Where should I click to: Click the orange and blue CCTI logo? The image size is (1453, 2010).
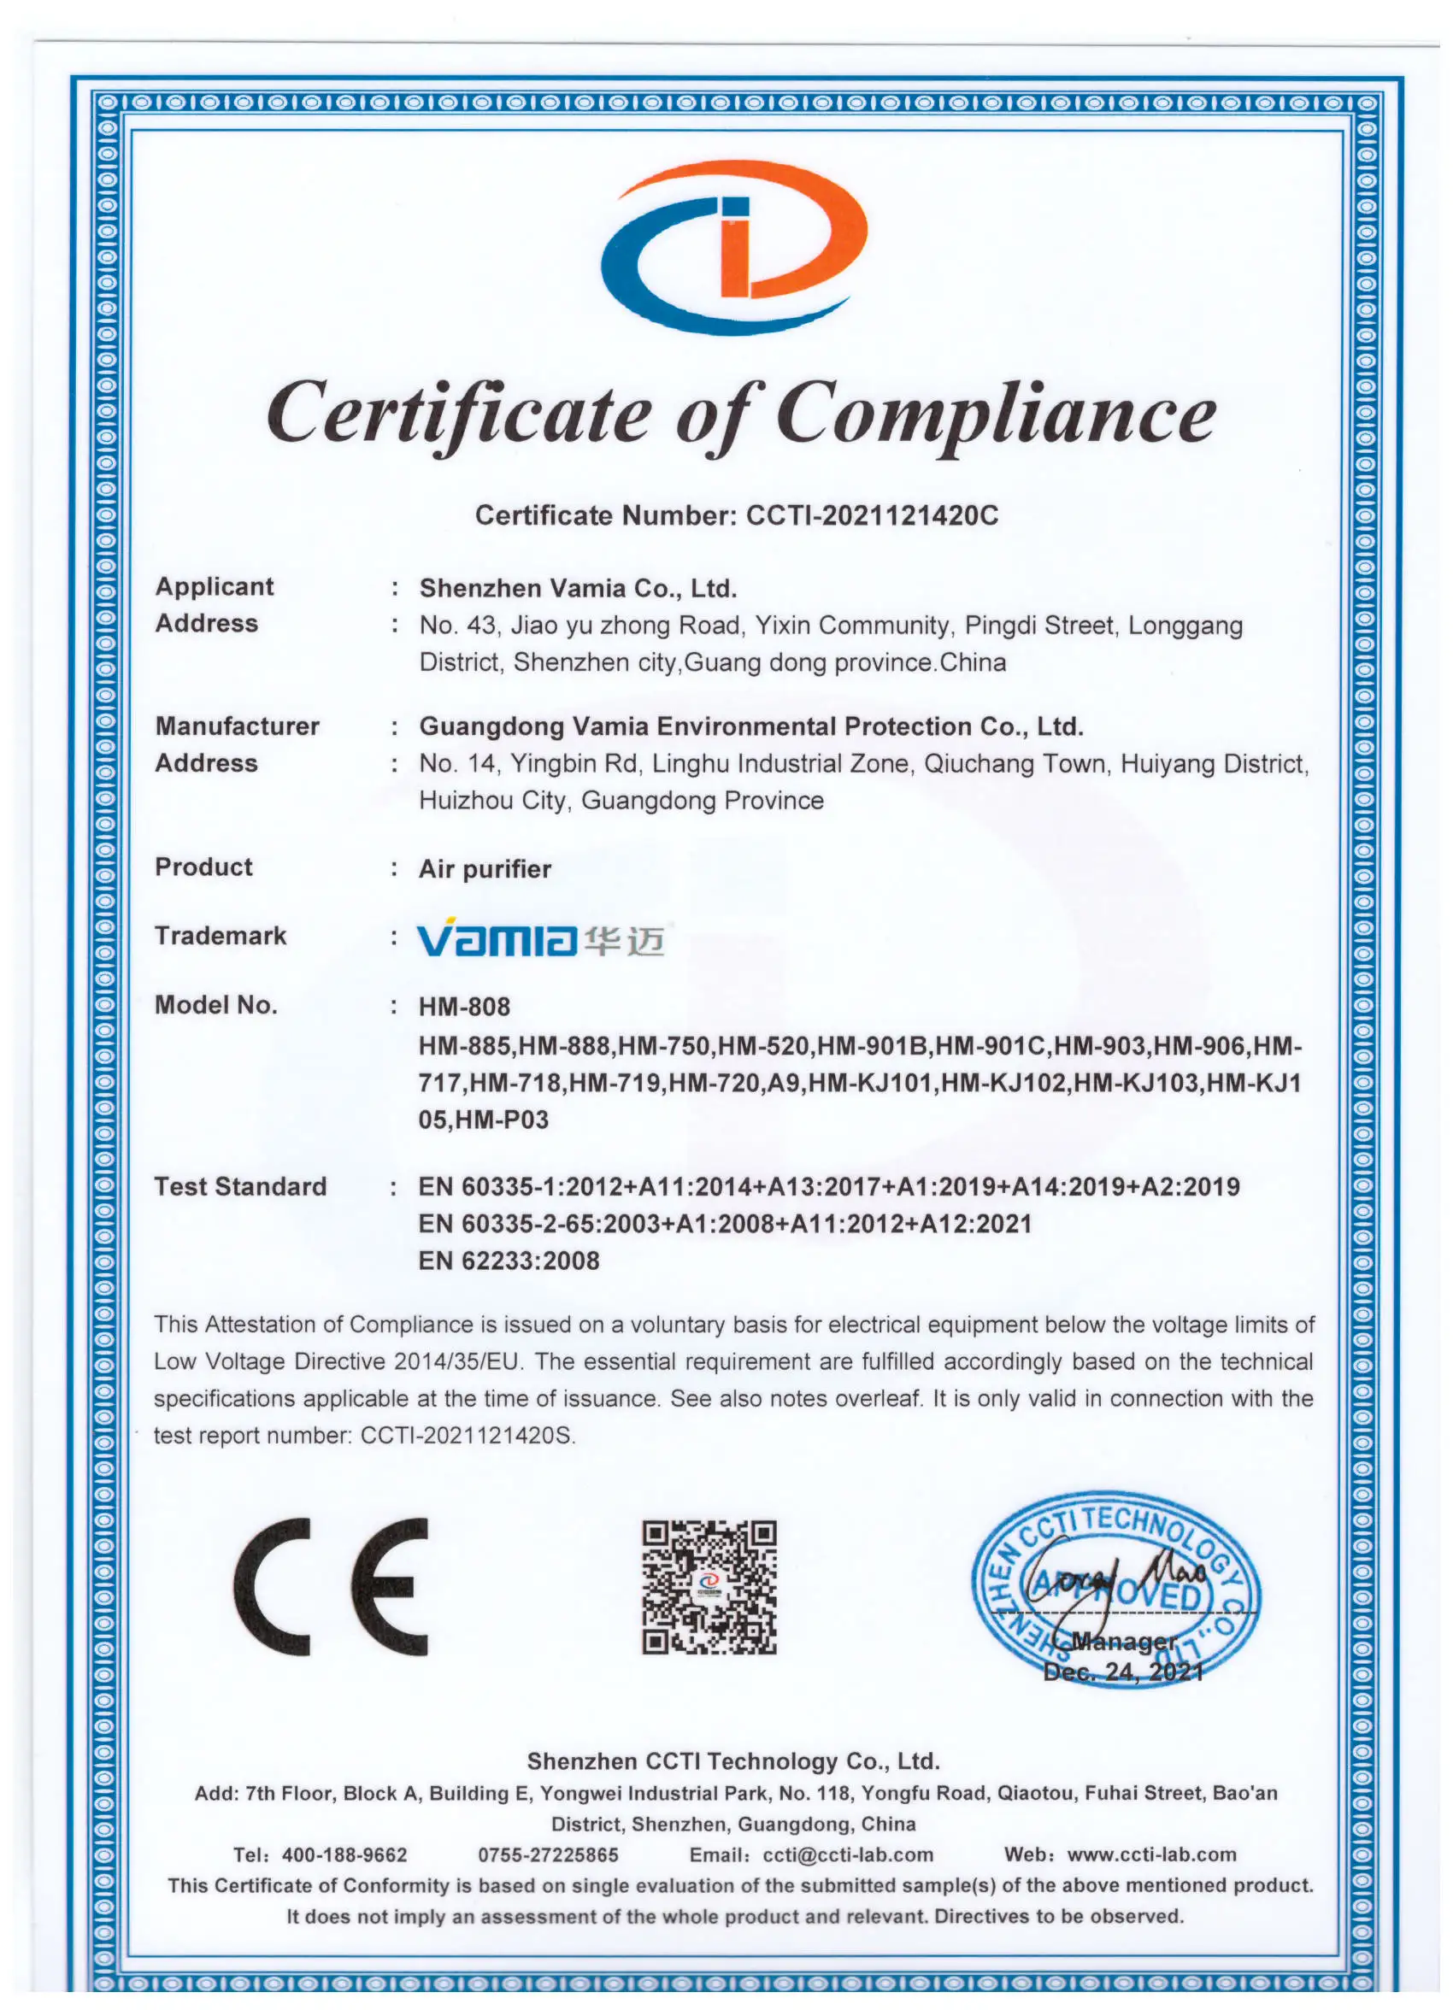[733, 246]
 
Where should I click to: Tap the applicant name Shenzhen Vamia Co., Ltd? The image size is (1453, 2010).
[578, 588]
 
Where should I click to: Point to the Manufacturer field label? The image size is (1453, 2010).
[237, 726]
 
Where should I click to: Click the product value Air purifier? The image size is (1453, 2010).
[484, 868]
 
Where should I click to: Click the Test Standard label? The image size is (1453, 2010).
[240, 1186]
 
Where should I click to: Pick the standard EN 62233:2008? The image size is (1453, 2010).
[509, 1261]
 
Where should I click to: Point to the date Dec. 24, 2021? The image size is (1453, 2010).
[1123, 1672]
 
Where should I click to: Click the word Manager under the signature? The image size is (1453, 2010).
[1123, 1642]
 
